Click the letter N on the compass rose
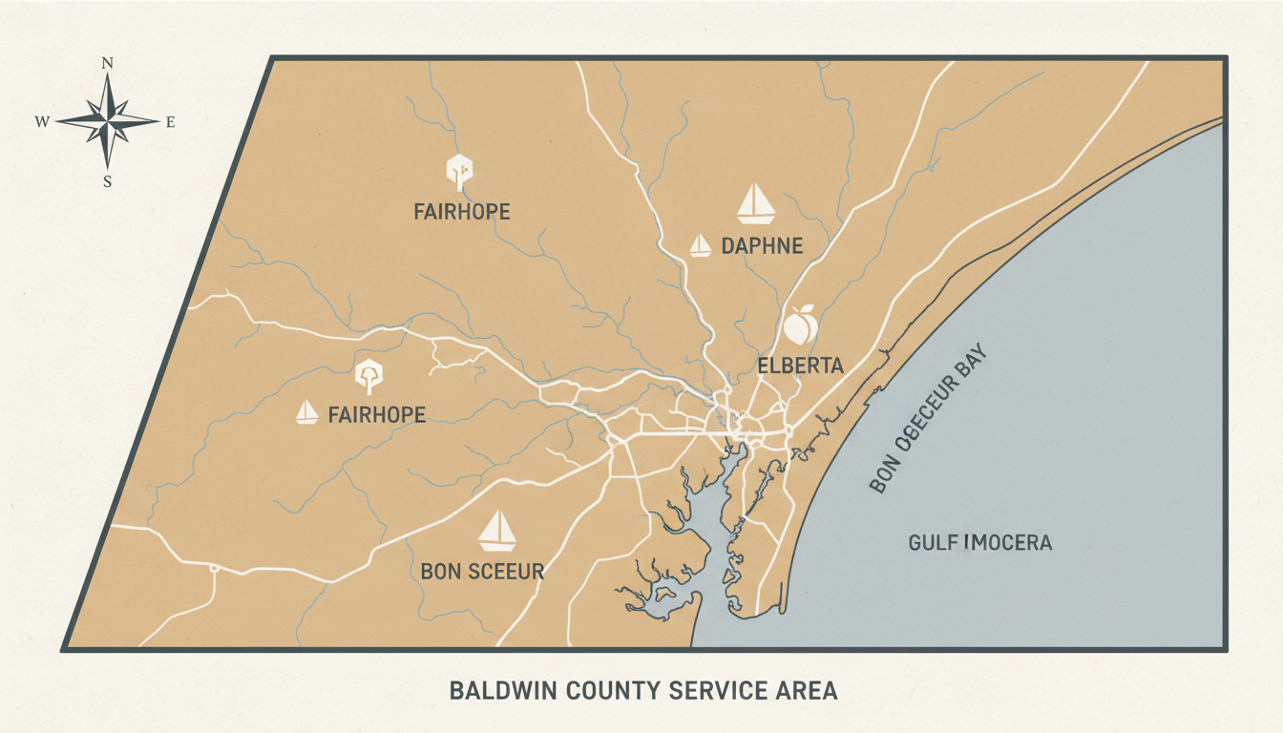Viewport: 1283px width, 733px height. tap(108, 64)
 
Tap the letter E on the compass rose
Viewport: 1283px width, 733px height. tap(171, 122)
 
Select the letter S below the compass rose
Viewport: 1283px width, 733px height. tap(108, 181)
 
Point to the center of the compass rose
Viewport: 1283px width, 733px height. tap(108, 121)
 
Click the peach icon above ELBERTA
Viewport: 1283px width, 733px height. tap(799, 325)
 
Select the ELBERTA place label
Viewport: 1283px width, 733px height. tap(800, 366)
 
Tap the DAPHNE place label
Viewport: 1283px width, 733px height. tap(762, 246)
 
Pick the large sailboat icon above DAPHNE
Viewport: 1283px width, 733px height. tap(756, 203)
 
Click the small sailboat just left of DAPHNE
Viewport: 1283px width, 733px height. tap(701, 245)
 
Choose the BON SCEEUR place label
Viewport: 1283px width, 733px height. tap(482, 572)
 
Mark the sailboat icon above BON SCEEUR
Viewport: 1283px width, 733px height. tap(496, 531)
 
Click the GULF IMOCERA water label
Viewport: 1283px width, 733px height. tap(979, 543)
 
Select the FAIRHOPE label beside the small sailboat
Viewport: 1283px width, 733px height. tap(376, 415)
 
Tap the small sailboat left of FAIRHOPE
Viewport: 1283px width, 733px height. tap(306, 412)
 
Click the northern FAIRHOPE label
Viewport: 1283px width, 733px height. tap(462, 211)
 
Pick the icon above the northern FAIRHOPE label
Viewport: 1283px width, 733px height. tap(460, 170)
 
